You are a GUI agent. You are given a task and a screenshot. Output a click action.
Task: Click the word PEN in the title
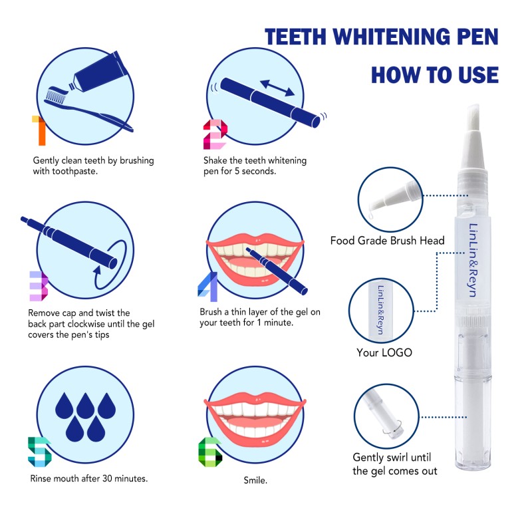tap(470, 37)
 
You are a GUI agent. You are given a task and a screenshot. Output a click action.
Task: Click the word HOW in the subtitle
tap(394, 74)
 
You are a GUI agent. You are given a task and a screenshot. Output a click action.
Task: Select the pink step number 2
tap(214, 134)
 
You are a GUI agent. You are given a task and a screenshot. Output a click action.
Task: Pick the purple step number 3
tap(38, 285)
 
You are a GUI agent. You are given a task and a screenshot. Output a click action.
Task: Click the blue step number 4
tap(207, 286)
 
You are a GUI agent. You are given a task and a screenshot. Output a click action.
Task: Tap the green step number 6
tap(210, 452)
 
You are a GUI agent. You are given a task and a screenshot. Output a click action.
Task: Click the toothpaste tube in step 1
tap(100, 72)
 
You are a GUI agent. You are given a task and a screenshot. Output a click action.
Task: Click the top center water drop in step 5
tap(84, 404)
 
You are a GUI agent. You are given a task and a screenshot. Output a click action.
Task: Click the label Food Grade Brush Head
tap(387, 241)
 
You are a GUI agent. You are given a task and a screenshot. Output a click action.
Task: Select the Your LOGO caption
tap(384, 352)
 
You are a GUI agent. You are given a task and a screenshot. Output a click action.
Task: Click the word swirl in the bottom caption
tap(401, 458)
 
